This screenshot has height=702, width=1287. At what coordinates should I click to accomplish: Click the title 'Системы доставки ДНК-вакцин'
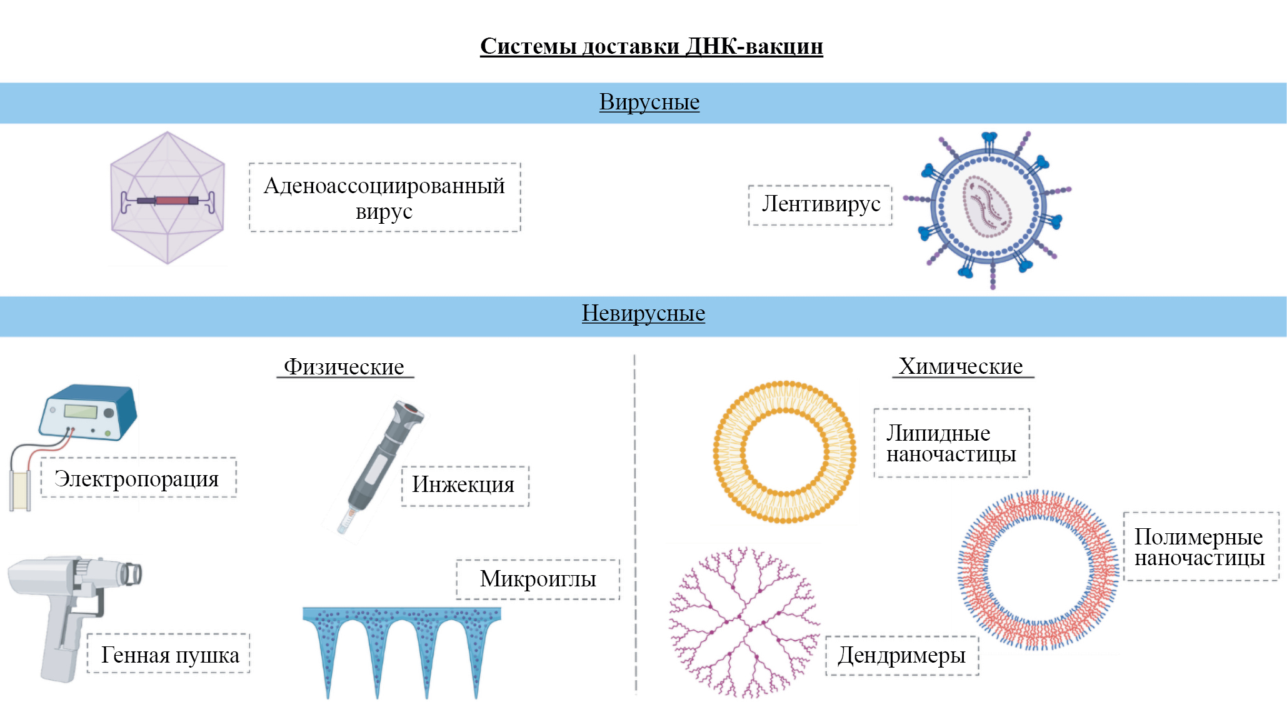click(651, 46)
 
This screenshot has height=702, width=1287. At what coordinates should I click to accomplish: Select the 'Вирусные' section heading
click(649, 102)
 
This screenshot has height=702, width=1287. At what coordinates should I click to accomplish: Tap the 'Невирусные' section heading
click(643, 313)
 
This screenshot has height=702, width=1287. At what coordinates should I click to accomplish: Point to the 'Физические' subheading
click(344, 366)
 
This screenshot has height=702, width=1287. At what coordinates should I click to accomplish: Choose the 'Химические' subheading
click(961, 366)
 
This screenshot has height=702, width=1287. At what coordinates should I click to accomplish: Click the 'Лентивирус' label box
click(821, 204)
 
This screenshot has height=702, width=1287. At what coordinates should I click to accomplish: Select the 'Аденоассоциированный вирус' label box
click(384, 198)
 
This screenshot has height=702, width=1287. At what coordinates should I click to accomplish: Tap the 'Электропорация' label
click(138, 478)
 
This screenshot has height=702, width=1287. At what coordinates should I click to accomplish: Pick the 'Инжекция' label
click(464, 484)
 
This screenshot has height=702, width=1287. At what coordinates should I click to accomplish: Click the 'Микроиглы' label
click(538, 579)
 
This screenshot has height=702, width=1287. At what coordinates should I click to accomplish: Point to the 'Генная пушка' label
click(170, 654)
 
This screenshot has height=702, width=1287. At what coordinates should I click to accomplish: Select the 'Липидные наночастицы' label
click(951, 443)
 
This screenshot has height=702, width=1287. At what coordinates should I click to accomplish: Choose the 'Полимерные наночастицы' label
click(1199, 547)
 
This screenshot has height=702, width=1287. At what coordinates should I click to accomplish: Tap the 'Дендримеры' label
click(901, 655)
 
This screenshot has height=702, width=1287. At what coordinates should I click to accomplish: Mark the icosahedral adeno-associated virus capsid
click(167, 198)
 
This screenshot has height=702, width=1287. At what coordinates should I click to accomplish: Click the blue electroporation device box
click(89, 412)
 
